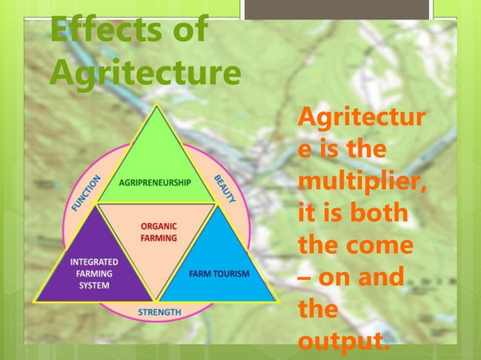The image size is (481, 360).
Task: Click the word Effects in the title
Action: [99, 32]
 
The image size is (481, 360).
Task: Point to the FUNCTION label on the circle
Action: [87, 193]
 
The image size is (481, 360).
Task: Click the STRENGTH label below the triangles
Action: [159, 312]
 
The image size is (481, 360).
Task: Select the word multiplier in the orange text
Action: [361, 183]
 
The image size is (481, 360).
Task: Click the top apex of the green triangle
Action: [157, 108]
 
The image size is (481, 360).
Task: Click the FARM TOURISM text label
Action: [219, 273]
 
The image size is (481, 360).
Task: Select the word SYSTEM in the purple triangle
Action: [94, 285]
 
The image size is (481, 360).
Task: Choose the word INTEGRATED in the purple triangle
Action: [94, 263]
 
